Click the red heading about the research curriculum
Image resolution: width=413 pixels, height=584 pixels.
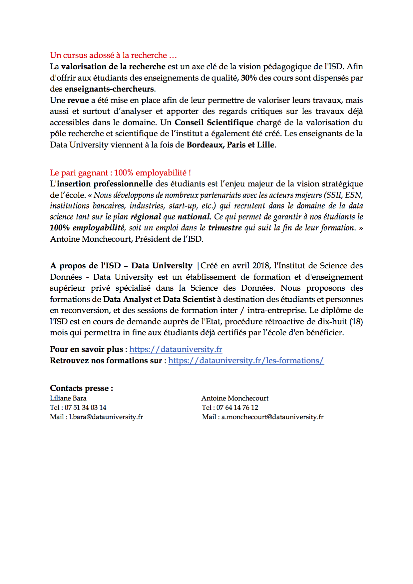click(x=113, y=55)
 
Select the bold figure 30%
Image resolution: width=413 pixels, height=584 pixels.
click(x=249, y=78)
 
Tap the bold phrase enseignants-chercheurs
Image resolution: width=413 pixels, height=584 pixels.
click(x=109, y=89)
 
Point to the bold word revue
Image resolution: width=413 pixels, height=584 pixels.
click(x=78, y=100)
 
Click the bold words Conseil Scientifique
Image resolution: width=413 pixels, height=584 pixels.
click(x=214, y=123)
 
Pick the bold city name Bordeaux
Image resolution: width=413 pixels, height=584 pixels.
click(x=205, y=145)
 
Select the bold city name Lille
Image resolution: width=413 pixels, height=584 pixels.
click(x=265, y=145)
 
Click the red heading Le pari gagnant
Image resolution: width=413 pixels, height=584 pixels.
click(x=120, y=173)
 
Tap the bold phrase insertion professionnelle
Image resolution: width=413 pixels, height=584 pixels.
click(x=105, y=184)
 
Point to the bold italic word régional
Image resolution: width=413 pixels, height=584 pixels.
click(x=146, y=217)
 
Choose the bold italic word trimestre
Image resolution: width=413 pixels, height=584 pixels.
click(x=225, y=228)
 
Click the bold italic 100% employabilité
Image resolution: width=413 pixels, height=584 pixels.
click(x=87, y=228)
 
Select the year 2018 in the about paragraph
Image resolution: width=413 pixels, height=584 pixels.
click(x=261, y=266)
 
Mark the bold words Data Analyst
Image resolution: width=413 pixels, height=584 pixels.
click(x=128, y=299)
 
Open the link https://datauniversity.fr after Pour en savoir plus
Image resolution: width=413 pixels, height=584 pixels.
click(x=176, y=349)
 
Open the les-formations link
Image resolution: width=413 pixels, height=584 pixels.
click(x=246, y=361)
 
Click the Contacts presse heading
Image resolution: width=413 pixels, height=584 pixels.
click(x=82, y=388)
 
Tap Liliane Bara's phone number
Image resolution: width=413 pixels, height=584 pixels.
click(x=85, y=408)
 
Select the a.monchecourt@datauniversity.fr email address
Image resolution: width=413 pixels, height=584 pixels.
click(x=272, y=417)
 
